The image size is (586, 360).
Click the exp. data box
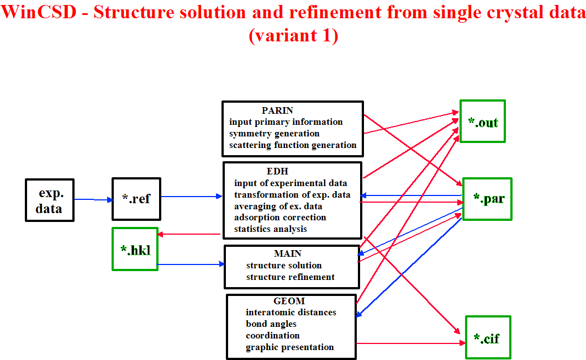(50, 200)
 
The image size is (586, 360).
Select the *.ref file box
(136, 199)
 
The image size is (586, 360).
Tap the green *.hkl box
(135, 249)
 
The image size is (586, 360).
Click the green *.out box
(483, 121)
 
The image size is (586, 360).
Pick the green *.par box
(487, 199)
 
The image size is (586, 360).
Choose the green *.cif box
(488, 337)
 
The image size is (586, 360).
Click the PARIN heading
(277, 110)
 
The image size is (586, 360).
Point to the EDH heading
(277, 171)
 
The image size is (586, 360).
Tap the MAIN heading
(287, 253)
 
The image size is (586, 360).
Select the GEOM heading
(289, 301)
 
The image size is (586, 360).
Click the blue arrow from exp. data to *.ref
(93, 200)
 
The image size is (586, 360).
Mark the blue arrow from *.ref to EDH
(192, 197)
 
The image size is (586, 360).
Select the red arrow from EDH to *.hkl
(189, 234)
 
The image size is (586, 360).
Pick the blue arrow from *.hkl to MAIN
(191, 264)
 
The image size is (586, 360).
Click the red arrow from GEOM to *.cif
(411, 343)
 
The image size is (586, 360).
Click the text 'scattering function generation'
(293, 145)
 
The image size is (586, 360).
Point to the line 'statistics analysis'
(271, 229)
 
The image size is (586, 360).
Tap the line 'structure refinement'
(291, 277)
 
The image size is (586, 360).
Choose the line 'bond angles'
(271, 324)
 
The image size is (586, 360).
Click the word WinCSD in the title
(39, 12)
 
